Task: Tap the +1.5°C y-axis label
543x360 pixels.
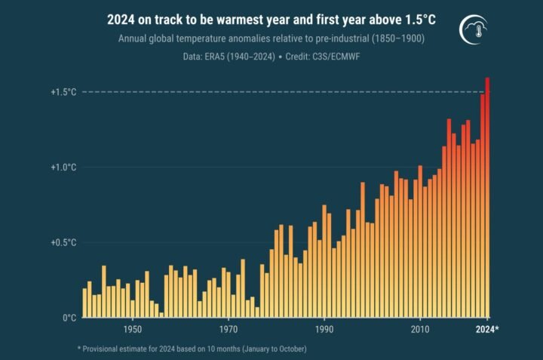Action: coord(63,92)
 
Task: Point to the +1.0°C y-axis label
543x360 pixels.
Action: coord(63,167)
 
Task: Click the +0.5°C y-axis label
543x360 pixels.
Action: coord(63,243)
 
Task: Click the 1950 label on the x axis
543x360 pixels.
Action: coord(133,330)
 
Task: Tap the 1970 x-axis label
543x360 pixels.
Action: coord(229,330)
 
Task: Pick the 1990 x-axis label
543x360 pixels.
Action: coord(324,330)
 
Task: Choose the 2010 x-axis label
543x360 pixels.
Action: coord(420,330)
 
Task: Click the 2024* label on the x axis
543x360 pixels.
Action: coord(487,330)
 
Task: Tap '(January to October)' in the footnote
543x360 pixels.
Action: coord(265,349)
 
